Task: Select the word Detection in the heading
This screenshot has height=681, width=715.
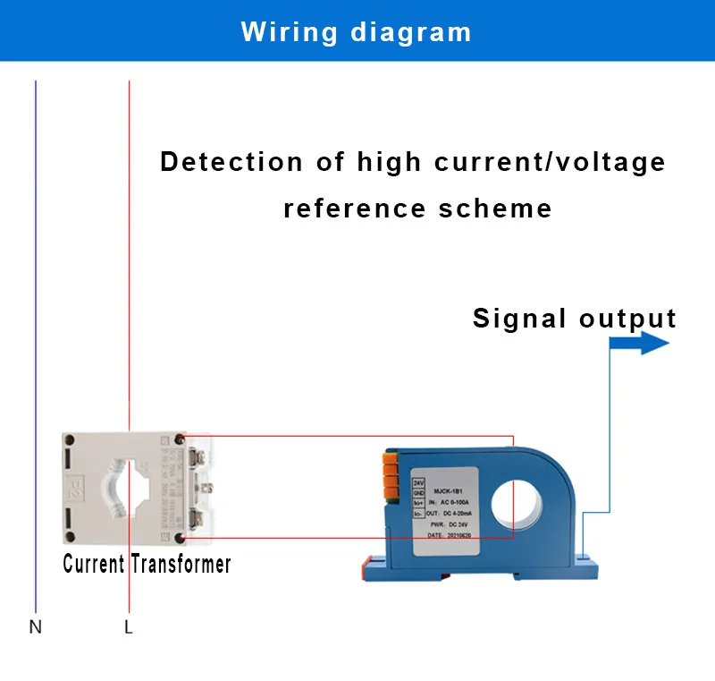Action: [x=231, y=163]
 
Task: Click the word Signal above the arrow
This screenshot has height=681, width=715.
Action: [x=519, y=319]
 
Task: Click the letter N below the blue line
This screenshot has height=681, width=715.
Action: [x=35, y=627]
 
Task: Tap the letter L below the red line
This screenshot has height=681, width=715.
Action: [x=129, y=627]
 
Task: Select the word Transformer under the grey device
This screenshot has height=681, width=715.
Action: [x=181, y=565]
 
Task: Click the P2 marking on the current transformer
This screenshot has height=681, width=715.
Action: [x=78, y=491]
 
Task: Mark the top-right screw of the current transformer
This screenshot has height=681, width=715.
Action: [x=182, y=438]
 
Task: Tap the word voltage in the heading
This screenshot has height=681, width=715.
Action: [x=618, y=163]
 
